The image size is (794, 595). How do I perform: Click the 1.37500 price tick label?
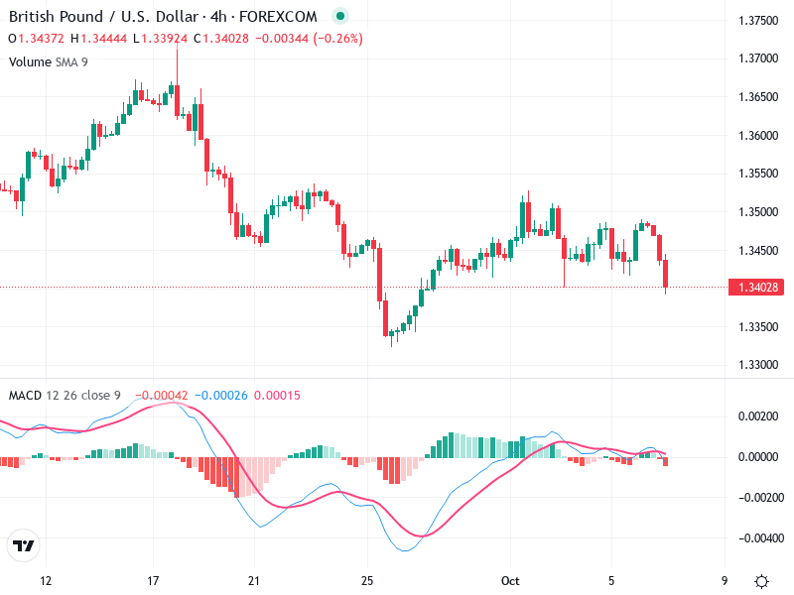point(758,21)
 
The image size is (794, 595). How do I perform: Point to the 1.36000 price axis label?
point(758,136)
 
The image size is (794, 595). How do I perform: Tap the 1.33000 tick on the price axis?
point(758,365)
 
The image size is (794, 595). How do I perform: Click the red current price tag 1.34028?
point(758,288)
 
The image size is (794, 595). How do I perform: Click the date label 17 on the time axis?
point(153,581)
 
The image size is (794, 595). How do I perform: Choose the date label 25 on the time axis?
point(367,581)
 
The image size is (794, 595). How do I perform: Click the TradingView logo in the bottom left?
point(24,546)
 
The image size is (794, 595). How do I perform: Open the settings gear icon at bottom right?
point(761,581)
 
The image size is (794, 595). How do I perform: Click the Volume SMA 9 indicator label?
point(48,61)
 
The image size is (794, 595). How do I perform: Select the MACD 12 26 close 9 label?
point(65,396)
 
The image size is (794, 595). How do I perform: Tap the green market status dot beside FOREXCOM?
point(341,17)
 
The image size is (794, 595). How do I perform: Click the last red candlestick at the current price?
point(666,274)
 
